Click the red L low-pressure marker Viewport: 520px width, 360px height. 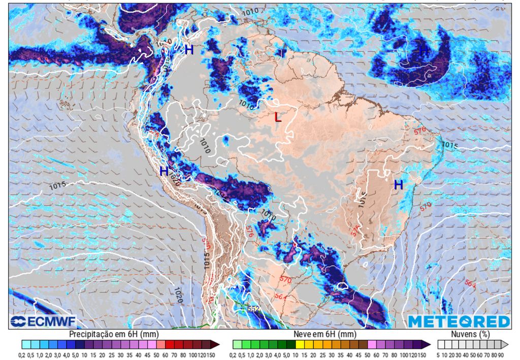click(x=277, y=117)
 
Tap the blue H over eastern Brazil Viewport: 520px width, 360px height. click(x=399, y=185)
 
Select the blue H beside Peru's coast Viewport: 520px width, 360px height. click(x=164, y=172)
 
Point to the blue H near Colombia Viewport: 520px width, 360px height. click(x=189, y=50)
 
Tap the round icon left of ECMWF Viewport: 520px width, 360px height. click(x=18, y=322)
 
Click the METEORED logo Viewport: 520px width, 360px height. click(x=459, y=322)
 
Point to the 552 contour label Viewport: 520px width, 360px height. click(x=254, y=308)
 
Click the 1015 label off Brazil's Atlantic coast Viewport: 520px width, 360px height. click(x=449, y=146)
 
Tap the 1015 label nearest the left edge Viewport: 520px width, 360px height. click(x=57, y=186)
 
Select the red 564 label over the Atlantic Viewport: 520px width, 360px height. click(x=470, y=285)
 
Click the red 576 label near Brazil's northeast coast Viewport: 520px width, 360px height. click(x=419, y=130)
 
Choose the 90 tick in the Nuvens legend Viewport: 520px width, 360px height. click(x=501, y=354)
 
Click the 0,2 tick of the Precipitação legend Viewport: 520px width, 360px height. click(x=22, y=354)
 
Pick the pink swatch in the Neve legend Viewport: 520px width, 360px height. click(x=371, y=344)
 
